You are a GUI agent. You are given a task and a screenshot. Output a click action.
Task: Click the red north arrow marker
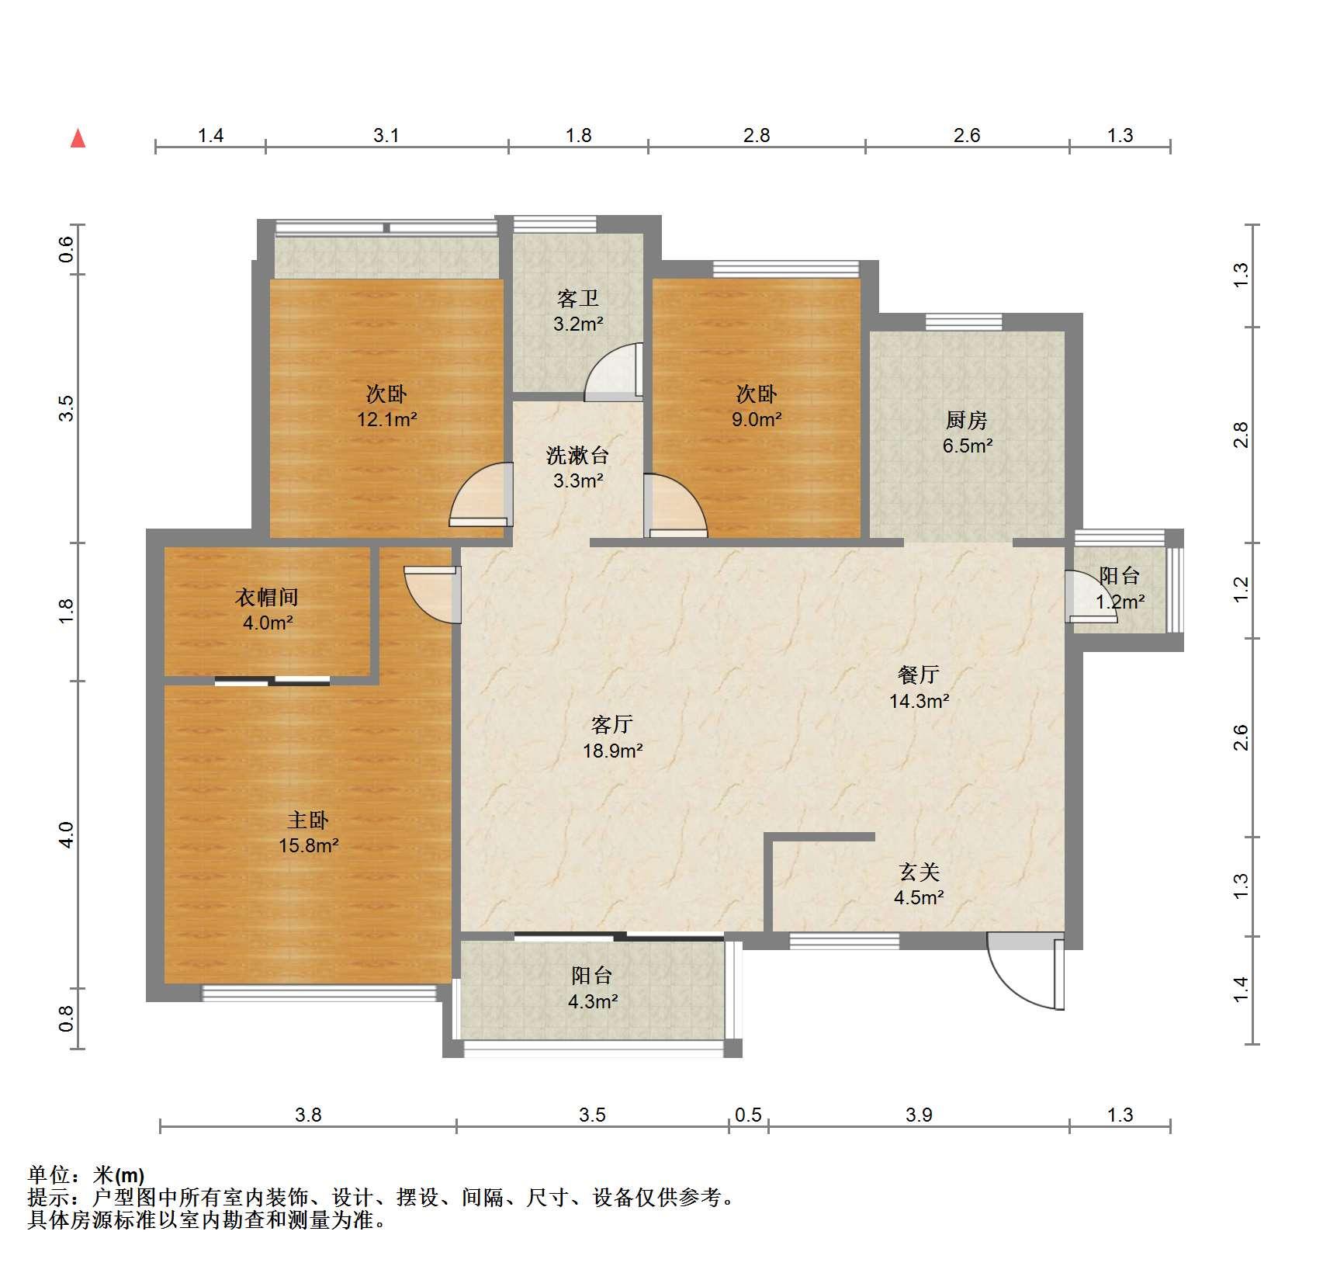pos(78,139)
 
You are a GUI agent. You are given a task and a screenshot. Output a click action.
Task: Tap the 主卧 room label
pos(308,820)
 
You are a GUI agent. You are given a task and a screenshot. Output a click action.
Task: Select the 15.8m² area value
pos(309,845)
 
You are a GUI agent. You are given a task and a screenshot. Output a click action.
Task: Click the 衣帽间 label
pos(267,597)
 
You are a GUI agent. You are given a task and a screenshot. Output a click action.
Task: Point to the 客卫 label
pos(578,298)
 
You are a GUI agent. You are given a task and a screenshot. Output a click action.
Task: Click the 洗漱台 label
pos(578,455)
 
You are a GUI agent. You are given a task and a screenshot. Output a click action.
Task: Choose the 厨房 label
pos(967,420)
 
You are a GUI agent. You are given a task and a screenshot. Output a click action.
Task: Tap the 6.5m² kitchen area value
pos(968,446)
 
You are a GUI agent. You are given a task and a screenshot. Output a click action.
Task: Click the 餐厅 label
pos(919,675)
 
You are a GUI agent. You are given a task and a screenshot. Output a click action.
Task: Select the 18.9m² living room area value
pos(613,751)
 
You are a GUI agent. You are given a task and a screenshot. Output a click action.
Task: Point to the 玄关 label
pos(920,872)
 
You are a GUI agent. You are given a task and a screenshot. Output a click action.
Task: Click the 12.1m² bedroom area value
pos(387,420)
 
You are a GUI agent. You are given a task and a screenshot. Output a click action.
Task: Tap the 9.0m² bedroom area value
pos(757,420)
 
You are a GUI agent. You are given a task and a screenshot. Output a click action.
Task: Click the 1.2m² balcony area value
pos(1120,602)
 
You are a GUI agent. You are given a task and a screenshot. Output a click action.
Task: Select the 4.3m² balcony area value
pos(593,1001)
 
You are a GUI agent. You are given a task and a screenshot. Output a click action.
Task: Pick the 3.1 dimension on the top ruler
pos(386,136)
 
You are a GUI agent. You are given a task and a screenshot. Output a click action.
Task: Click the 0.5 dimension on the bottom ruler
pos(748,1115)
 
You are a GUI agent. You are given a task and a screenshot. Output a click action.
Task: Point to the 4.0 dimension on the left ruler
pos(66,834)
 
